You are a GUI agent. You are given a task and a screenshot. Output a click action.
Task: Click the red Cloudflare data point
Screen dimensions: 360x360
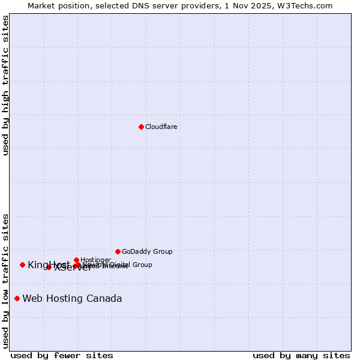(141, 127)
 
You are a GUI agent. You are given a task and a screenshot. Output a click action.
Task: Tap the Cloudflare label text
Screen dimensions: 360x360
(161, 127)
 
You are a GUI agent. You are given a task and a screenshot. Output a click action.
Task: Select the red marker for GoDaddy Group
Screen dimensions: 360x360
(118, 251)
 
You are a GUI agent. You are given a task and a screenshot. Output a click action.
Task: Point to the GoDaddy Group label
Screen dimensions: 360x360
(147, 251)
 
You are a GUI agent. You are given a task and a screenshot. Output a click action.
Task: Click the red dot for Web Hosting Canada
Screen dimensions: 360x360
(17, 298)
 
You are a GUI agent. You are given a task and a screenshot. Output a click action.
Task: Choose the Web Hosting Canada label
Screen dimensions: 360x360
(72, 298)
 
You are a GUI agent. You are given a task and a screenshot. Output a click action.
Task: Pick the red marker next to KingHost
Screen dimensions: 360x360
(22, 265)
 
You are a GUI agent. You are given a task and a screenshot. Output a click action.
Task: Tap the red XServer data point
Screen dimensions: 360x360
(49, 267)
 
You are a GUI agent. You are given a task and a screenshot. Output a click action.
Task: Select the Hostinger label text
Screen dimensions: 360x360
(95, 260)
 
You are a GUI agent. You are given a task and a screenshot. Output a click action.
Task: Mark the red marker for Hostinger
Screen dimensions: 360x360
(76, 260)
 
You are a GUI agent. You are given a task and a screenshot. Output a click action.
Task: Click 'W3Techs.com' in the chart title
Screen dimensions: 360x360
(308, 5)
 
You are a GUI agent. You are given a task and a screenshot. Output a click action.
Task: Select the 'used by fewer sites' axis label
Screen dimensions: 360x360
(62, 355)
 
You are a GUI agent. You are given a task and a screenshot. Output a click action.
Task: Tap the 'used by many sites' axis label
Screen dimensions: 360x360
(301, 355)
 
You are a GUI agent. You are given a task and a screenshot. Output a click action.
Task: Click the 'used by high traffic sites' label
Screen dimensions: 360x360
(5, 85)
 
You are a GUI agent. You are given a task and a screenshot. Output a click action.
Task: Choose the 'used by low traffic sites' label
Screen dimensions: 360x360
(5, 280)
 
